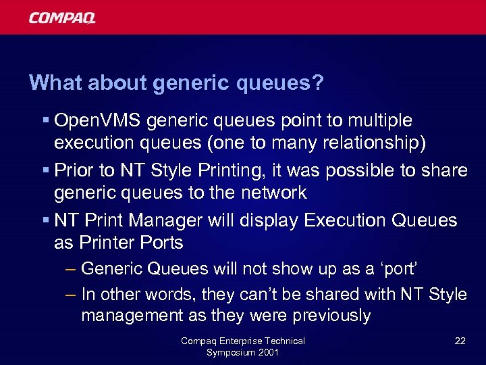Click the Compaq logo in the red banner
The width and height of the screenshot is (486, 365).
pos(62,18)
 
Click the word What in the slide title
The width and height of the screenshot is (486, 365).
pos(51,83)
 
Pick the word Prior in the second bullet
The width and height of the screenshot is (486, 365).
pos(74,170)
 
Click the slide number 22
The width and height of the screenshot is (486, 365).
pos(460,341)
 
